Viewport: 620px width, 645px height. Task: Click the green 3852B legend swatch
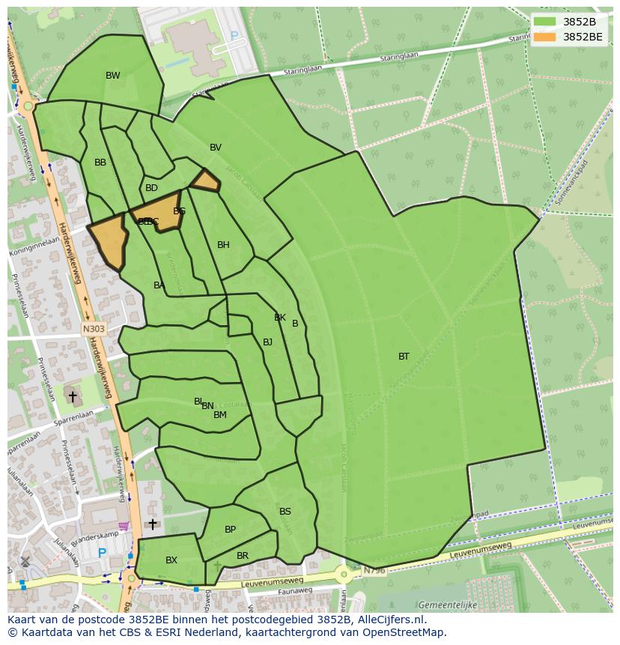(x=544, y=22)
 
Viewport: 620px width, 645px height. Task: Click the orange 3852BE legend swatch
(x=544, y=36)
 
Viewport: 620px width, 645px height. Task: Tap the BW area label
(x=113, y=76)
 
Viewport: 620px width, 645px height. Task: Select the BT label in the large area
(x=404, y=357)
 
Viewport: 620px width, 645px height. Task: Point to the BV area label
(x=216, y=148)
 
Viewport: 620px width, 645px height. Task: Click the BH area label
(x=223, y=245)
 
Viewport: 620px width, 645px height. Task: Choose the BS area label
(x=285, y=512)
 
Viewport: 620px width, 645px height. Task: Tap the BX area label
(x=171, y=560)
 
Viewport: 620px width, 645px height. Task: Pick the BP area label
(x=230, y=530)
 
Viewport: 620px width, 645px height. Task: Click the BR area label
(x=243, y=556)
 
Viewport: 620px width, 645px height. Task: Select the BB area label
(x=100, y=163)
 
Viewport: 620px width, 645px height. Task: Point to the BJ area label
(x=267, y=342)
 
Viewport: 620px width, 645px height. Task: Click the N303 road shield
(x=94, y=328)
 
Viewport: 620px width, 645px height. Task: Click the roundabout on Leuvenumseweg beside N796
(x=344, y=575)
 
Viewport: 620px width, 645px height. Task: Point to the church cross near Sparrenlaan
(x=73, y=396)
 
